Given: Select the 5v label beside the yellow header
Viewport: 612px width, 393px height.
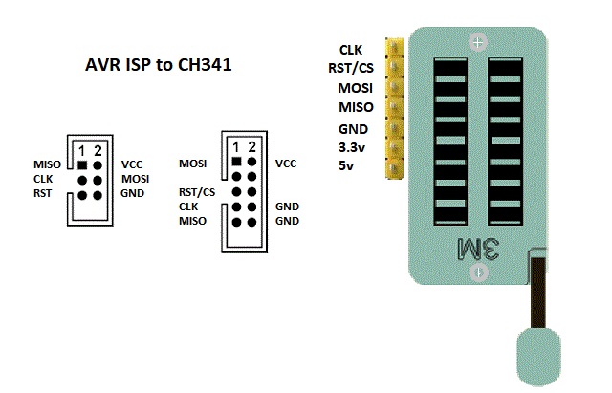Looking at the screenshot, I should click(349, 166).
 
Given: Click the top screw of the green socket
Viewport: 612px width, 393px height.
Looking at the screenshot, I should click(478, 42).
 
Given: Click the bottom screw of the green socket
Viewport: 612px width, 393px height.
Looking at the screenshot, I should click(478, 274).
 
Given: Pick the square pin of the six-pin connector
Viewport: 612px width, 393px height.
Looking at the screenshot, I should click(83, 164).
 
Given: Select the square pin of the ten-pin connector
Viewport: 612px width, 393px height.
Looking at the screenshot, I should click(236, 164).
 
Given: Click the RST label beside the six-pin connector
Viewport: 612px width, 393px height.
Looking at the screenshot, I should click(43, 193).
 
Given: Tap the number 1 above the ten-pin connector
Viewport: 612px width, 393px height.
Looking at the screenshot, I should click(236, 147).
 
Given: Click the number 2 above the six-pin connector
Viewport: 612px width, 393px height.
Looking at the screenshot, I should click(98, 150).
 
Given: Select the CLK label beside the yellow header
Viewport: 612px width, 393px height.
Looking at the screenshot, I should click(350, 50).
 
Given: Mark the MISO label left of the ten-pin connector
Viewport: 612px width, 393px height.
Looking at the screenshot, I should click(193, 221).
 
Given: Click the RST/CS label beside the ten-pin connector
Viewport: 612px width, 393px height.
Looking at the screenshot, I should click(196, 191).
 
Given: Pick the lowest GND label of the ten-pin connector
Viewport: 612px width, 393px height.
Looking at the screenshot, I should click(287, 221).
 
